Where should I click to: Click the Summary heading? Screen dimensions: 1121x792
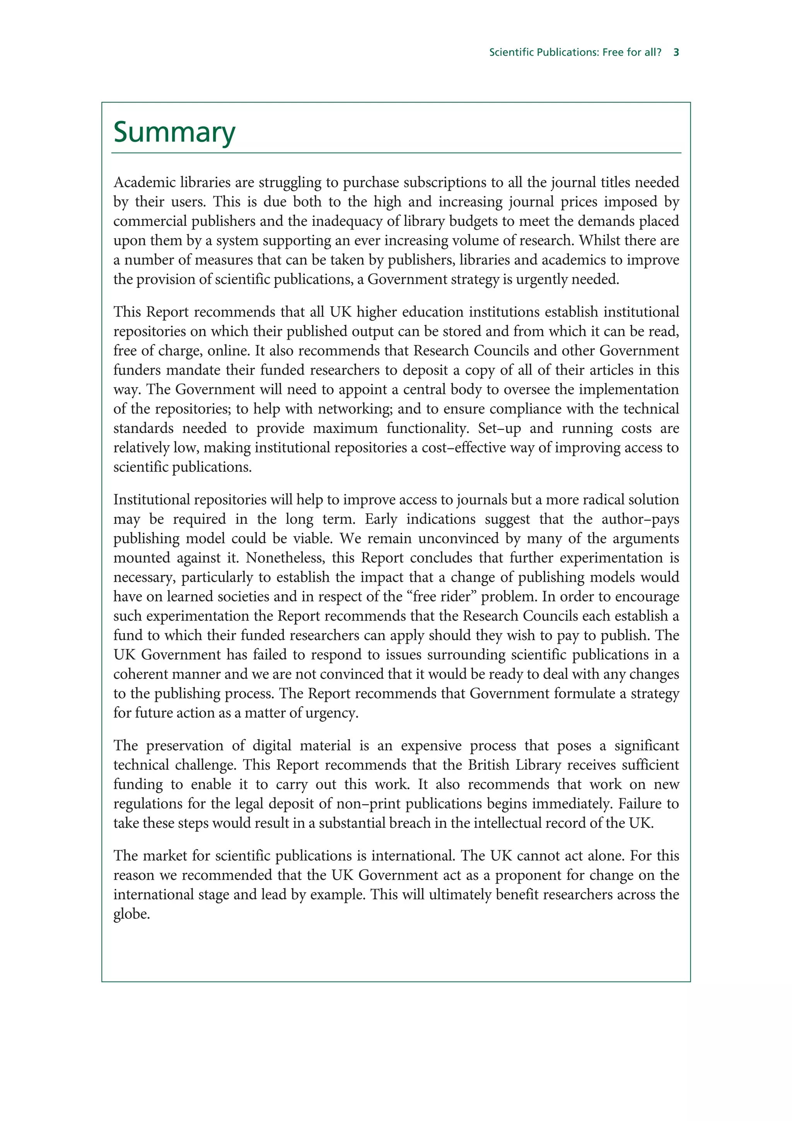pos(174,132)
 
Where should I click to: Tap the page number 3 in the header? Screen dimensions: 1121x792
pos(676,52)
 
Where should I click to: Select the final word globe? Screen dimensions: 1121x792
pos(131,914)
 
